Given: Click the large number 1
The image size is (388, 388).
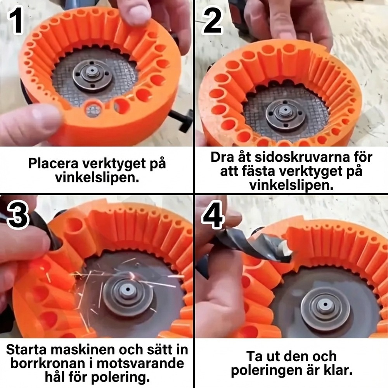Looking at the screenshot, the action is (x=16, y=20).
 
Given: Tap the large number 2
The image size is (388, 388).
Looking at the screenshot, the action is (x=213, y=20).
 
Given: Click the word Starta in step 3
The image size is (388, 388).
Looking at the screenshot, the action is (x=24, y=350).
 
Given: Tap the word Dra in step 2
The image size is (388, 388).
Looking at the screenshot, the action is (x=221, y=157).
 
